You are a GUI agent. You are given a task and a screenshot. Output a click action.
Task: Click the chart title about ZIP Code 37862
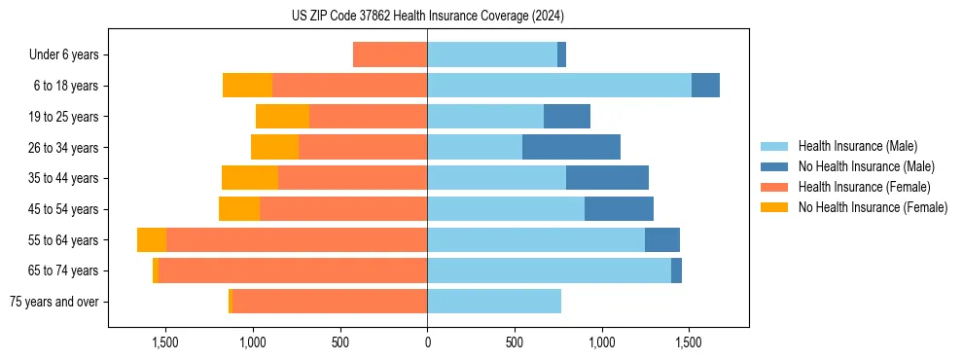pos(427,17)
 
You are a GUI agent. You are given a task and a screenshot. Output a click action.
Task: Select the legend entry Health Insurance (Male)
pos(856,146)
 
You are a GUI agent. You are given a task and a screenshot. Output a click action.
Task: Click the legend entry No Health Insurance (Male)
pos(866,166)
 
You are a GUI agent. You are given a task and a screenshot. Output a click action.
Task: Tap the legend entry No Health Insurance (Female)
pos(873,207)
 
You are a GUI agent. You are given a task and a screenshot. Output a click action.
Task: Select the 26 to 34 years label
pos(64,148)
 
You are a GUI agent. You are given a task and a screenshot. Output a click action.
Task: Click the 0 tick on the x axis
pos(427,342)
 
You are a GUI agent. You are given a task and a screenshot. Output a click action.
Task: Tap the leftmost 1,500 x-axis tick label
pos(165,342)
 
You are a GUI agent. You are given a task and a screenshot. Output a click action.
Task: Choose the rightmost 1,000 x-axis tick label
pos(601,342)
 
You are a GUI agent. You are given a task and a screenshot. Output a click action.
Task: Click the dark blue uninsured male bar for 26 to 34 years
pos(571,147)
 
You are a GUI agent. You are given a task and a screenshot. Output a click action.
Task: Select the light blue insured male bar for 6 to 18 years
pos(559,86)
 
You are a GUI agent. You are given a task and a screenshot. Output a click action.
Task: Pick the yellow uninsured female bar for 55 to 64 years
pos(152,239)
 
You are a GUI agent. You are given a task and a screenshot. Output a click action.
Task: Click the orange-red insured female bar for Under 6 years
pos(390,54)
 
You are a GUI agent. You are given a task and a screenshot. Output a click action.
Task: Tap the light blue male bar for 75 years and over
pos(494,301)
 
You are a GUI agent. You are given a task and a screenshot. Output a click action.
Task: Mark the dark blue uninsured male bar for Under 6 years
pos(562,54)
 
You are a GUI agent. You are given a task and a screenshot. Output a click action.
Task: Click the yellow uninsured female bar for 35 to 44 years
pos(250,178)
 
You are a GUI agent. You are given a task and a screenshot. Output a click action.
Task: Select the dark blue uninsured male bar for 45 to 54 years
pos(619,208)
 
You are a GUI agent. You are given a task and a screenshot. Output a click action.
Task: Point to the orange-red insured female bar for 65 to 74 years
pos(293,270)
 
